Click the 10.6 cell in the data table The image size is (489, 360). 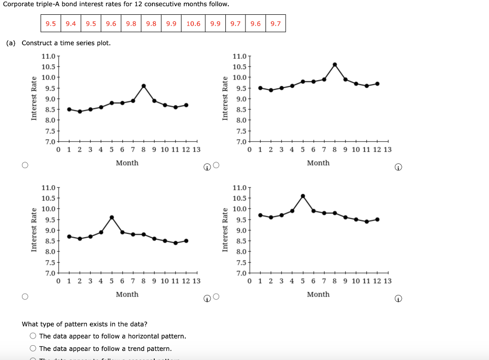193,23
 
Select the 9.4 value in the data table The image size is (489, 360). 71,23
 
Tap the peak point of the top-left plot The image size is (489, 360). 144,86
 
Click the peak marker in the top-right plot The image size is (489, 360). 335,64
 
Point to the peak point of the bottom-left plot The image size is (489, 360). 112,217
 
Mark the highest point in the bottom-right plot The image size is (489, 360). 303,196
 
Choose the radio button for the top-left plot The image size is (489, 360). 25,165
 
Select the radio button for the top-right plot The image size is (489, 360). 216,165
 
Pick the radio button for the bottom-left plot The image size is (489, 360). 25,296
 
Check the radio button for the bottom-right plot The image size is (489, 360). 216,296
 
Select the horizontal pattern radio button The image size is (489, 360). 33,336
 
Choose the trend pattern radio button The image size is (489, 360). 33,349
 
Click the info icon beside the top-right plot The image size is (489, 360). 398,168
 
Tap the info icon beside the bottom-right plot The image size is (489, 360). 398,299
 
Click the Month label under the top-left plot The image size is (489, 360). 127,163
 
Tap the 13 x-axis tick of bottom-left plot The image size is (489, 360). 196,281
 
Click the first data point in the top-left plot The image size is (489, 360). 69,109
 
